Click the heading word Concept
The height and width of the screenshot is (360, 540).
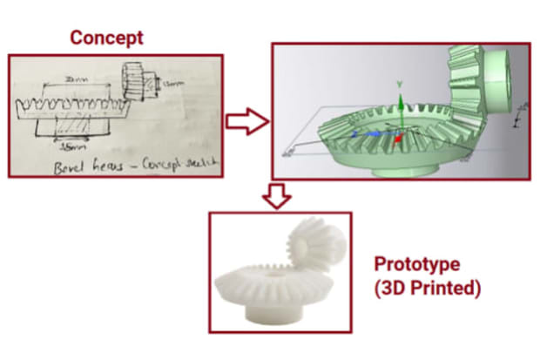[107, 37]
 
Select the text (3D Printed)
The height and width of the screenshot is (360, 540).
[427, 288]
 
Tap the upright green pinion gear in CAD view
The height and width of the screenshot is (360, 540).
[475, 78]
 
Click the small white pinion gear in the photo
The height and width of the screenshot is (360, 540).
[310, 241]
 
